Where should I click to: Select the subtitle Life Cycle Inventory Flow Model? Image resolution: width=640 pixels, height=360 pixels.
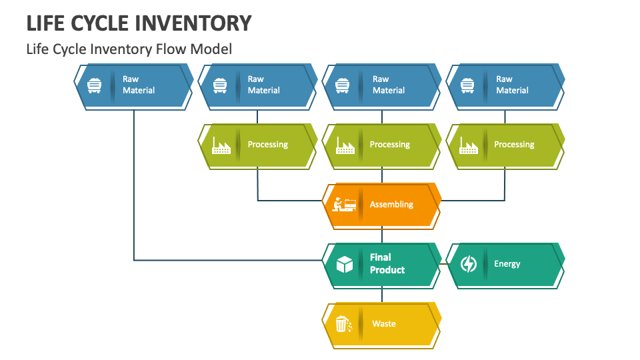pyautogui.click(x=129, y=49)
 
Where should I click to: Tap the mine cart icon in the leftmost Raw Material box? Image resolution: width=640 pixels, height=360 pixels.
pyautogui.click(x=95, y=85)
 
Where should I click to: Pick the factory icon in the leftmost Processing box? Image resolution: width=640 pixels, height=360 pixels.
pyautogui.click(x=221, y=145)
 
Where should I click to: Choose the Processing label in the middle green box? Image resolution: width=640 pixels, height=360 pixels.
pyautogui.click(x=389, y=145)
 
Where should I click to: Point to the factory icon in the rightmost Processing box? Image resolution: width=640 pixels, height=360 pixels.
pyautogui.click(x=469, y=145)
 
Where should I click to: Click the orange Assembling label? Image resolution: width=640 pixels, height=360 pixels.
pyautogui.click(x=391, y=205)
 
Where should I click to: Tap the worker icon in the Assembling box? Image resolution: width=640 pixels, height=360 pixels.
pyautogui.click(x=344, y=205)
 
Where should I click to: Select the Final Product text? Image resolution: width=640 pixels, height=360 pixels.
pyautogui.click(x=387, y=264)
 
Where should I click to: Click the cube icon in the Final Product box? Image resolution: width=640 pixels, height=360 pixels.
pyautogui.click(x=344, y=265)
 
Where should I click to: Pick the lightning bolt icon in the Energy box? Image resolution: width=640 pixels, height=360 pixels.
pyautogui.click(x=469, y=265)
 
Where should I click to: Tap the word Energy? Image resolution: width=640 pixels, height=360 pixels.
pyautogui.click(x=507, y=264)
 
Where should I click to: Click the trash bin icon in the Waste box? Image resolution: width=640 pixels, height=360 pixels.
pyautogui.click(x=343, y=324)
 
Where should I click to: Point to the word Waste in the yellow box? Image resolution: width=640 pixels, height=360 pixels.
pyautogui.click(x=384, y=324)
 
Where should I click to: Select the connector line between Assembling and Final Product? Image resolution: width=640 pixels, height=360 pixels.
pyautogui.click(x=382, y=235)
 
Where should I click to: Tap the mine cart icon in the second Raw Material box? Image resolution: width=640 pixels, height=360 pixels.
pyautogui.click(x=220, y=85)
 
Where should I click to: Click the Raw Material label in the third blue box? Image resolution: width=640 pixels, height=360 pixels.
pyautogui.click(x=389, y=85)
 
